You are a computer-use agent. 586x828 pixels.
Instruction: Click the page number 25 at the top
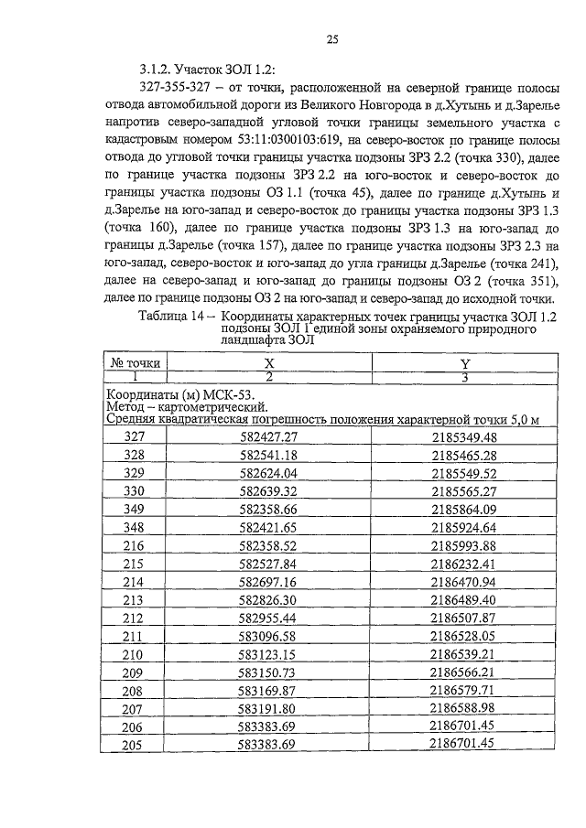(332, 39)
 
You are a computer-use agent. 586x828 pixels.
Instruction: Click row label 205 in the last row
(135, 743)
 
